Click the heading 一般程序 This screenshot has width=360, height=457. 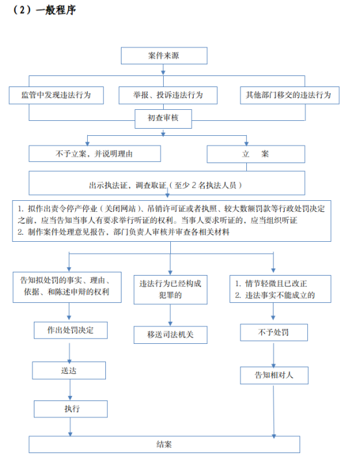click(57, 10)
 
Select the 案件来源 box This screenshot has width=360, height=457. click(164, 55)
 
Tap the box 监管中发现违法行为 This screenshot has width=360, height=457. click(57, 95)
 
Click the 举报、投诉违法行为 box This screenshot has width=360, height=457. click(168, 95)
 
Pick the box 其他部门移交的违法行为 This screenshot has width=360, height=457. click(290, 95)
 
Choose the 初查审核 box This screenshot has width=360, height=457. click(163, 118)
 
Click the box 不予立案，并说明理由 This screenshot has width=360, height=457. click(95, 153)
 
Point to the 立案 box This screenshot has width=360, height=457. click(256, 154)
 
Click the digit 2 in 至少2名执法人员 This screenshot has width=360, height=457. click(194, 185)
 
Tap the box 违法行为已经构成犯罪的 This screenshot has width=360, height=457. click(170, 289)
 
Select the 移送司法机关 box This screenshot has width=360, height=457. click(170, 335)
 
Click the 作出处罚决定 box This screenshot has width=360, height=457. click(70, 330)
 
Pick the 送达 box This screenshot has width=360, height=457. click(69, 371)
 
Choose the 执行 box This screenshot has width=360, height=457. click(70, 409)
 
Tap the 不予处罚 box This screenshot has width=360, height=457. click(274, 332)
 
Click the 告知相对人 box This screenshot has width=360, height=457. click(274, 375)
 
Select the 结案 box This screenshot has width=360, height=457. click(164, 445)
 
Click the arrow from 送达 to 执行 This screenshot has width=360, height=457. click(70, 389)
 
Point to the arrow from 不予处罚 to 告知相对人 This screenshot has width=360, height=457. click(274, 354)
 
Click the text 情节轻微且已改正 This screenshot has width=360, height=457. click(276, 283)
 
